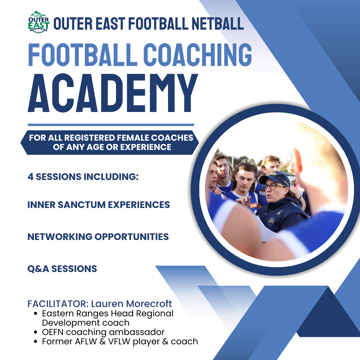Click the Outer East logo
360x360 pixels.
click(39, 22)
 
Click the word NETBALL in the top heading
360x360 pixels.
click(218, 24)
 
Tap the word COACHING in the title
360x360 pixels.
click(198, 55)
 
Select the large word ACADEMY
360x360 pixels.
click(113, 93)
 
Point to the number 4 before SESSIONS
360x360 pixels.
click(30, 177)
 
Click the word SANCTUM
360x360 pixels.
click(82, 205)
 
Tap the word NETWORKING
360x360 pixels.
click(60, 237)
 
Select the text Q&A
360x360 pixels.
click(38, 269)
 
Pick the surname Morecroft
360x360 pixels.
click(149, 304)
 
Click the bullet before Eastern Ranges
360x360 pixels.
click(35, 314)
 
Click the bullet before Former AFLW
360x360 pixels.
click(35, 342)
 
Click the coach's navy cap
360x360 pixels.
click(275, 178)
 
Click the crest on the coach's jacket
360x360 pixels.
click(271, 221)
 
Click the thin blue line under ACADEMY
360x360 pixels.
click(111, 125)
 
